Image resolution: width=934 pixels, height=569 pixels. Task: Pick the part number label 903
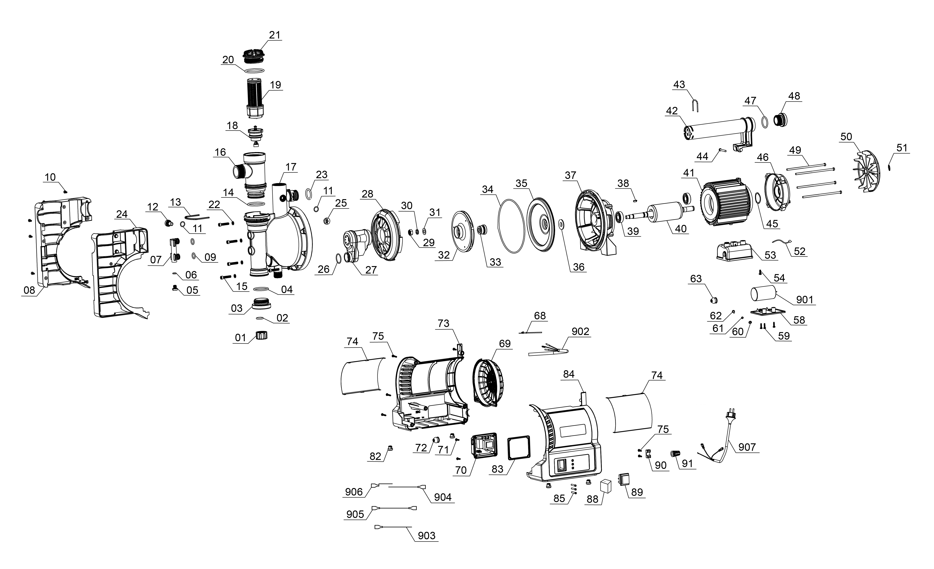point(427,536)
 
